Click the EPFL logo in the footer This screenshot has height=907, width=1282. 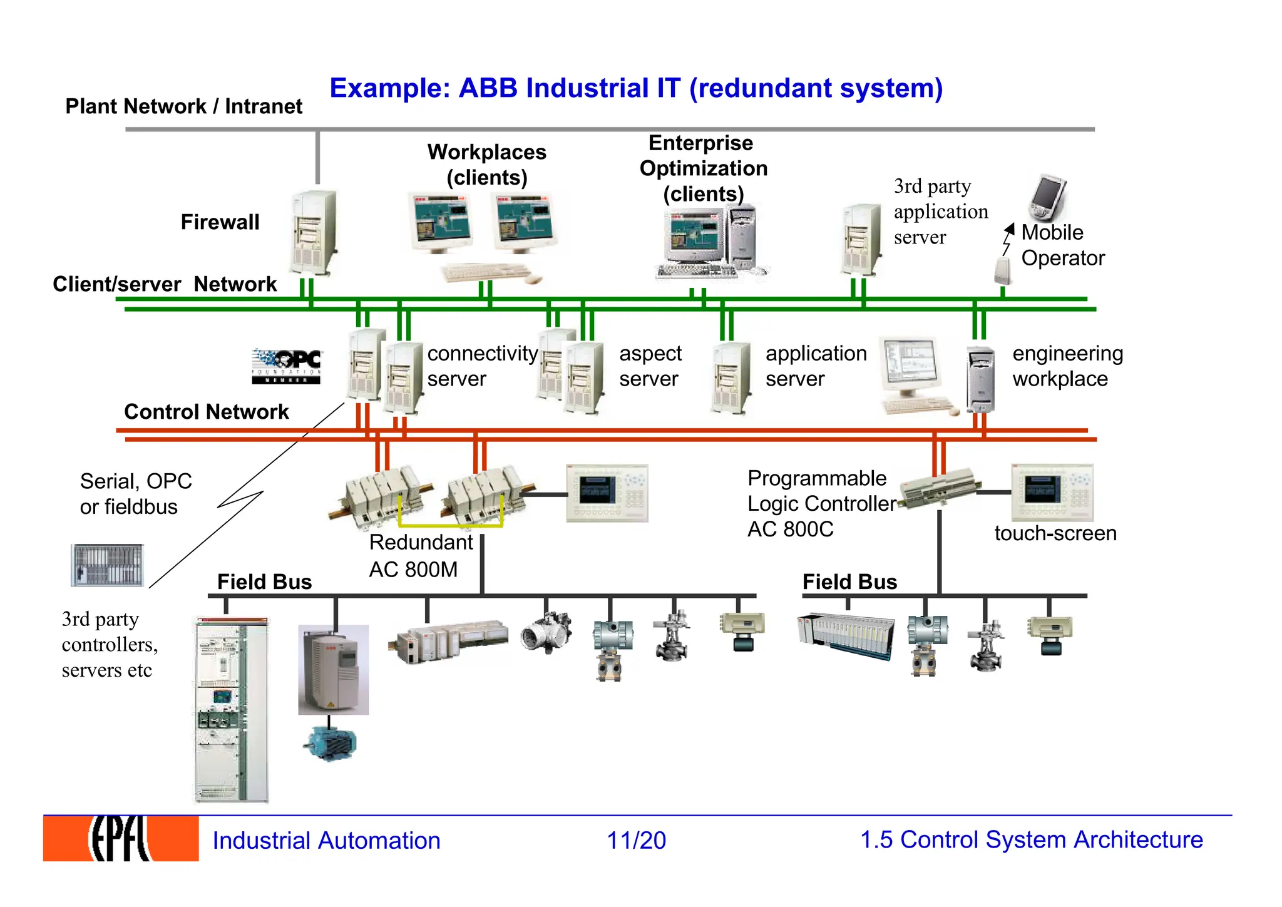pos(120,838)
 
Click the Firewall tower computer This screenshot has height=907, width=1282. pos(313,233)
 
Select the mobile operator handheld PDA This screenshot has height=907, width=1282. pos(1047,198)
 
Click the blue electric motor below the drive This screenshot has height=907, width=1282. pos(330,744)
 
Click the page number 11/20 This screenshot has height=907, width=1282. pos(636,840)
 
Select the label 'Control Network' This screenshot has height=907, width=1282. pos(206,412)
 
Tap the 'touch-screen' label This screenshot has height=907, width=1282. pos(1055,533)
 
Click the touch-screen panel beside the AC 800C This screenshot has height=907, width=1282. pos(1052,492)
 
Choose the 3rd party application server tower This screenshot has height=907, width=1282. pos(861,239)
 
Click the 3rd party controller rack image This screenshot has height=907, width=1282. pos(107,565)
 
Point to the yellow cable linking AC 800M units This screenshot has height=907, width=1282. pos(451,525)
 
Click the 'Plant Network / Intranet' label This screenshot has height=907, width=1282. pos(183,106)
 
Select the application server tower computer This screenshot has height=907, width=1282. pos(731,378)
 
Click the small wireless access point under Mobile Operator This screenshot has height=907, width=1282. pos(1002,270)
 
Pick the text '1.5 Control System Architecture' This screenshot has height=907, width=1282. pos(1031,840)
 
